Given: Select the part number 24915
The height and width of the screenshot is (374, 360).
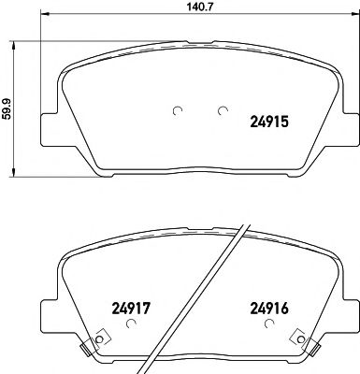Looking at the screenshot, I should tap(271, 120).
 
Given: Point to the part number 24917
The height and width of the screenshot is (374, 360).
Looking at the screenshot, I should tap(132, 305).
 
